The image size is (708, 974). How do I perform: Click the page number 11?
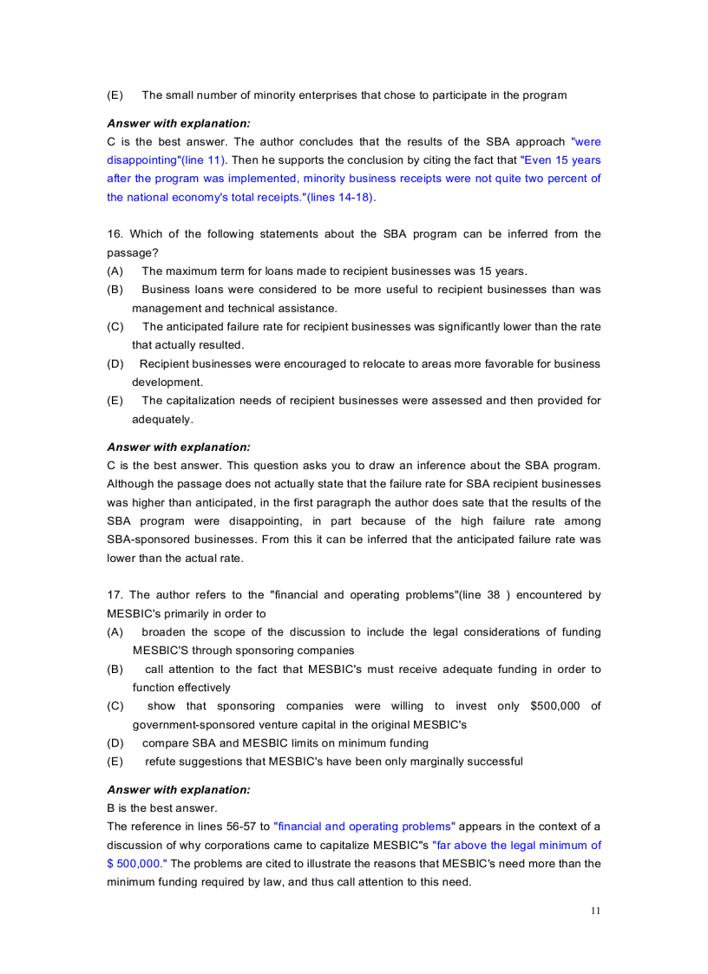594,911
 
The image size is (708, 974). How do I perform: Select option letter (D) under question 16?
115,364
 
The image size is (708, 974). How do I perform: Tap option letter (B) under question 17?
115,670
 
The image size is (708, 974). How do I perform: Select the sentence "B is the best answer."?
161,808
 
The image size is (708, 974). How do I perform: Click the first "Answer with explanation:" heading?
178,123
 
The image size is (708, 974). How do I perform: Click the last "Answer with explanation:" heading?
178,790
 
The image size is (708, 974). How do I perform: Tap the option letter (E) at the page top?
115,95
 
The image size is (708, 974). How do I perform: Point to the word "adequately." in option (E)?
162,419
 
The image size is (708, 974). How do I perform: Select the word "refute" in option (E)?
161,762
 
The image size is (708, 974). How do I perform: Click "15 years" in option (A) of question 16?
501,271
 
